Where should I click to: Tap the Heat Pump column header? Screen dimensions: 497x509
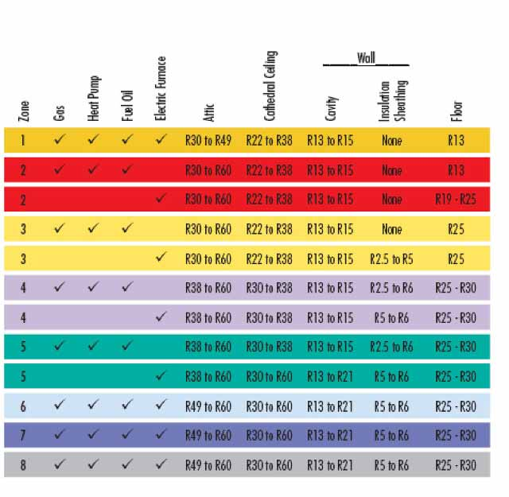point(93,102)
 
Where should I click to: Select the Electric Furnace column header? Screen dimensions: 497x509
point(161,88)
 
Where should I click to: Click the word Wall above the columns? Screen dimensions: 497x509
point(366,58)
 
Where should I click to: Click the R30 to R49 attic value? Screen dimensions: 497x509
point(208,141)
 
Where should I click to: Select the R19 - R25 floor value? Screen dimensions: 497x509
point(456,200)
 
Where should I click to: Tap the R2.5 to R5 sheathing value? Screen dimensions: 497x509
point(391,258)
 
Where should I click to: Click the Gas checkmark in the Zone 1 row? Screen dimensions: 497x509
point(59,141)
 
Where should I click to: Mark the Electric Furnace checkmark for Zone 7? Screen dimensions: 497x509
point(161,435)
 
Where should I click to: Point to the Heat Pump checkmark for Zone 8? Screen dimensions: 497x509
point(93,464)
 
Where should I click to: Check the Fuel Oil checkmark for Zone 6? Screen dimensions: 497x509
point(127,406)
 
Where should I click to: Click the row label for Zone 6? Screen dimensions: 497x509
point(23,406)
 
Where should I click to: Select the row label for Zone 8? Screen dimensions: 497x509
point(23,465)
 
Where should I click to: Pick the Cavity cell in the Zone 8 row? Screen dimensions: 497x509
point(330,465)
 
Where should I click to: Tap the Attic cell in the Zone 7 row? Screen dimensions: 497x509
point(208,436)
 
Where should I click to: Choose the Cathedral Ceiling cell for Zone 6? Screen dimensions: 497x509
point(269,406)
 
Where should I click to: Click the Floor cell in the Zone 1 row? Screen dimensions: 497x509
point(456,141)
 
